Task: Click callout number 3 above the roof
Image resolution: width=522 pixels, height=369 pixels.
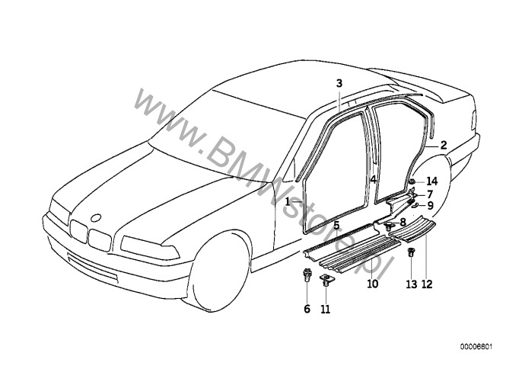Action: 339,83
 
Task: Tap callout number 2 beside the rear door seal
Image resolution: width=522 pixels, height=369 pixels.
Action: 443,146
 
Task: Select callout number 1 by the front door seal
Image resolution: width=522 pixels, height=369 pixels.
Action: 288,201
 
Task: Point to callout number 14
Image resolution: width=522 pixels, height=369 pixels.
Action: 431,181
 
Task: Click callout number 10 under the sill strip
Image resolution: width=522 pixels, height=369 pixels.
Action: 373,284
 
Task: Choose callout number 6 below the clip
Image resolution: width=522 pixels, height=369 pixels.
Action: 307,310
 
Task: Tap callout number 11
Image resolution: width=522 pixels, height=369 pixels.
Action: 326,310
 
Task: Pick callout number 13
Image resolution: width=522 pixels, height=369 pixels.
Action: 412,284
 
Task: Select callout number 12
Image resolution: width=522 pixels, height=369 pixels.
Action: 427,284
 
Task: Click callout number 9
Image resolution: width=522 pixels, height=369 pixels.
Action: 430,206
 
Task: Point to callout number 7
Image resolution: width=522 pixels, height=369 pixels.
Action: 430,194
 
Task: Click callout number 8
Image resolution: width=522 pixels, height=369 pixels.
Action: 403,222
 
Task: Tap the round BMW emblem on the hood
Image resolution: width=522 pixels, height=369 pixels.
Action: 97,217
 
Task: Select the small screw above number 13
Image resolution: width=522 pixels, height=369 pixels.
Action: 412,252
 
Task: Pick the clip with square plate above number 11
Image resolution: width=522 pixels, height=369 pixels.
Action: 326,280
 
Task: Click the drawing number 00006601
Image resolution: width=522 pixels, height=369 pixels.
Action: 476,347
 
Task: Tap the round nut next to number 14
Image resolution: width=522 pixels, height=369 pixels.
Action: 412,181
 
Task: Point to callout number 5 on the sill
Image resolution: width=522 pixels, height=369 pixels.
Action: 337,226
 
